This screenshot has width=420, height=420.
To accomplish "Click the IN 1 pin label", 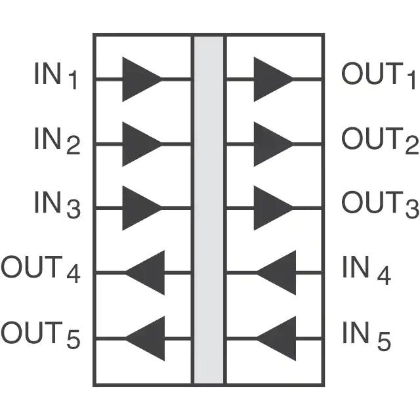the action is (x=56, y=76).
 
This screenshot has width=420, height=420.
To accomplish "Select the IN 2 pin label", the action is (x=57, y=141).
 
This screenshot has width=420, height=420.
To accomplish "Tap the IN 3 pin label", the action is (x=57, y=205).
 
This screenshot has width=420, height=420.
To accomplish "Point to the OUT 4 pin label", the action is (x=41, y=270).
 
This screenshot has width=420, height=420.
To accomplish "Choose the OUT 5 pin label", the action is (x=41, y=335).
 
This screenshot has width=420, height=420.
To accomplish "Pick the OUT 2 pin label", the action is (x=380, y=141).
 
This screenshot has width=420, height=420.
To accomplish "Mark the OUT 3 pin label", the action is (x=380, y=205).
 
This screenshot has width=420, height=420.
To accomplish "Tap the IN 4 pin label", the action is (x=366, y=270).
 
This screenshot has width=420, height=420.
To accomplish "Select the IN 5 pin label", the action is (x=366, y=336).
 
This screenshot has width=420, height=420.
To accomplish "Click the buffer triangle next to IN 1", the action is (x=142, y=79).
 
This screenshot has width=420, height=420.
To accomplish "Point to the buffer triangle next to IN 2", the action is (x=142, y=144).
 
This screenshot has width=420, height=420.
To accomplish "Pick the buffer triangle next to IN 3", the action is (x=142, y=208).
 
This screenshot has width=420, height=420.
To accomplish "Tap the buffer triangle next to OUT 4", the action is (x=145, y=273).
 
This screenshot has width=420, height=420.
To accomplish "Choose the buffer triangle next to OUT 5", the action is (x=145, y=339).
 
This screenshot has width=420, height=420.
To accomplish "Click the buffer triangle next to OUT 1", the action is (x=274, y=79).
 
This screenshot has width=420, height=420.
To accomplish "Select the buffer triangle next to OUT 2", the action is (x=274, y=144).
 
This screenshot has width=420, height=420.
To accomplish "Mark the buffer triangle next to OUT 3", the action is (x=274, y=208).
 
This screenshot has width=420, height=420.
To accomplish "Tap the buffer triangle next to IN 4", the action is (x=276, y=273).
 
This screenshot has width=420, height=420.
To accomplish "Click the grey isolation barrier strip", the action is (x=209, y=210).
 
